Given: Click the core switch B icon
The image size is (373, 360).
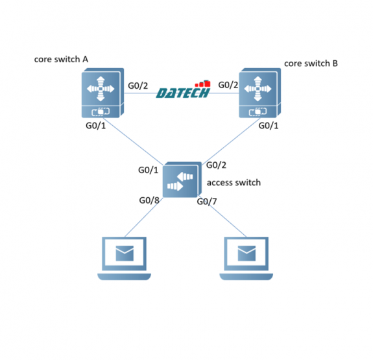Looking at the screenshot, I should point(260,93).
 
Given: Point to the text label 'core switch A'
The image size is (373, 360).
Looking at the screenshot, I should point(61,59).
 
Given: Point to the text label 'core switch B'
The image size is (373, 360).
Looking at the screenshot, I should point(311,64).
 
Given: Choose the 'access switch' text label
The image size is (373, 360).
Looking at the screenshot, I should point(234,182).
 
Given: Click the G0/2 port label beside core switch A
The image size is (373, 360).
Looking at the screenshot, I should point(138,85).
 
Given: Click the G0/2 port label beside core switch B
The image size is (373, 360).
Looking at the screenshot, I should point(228,84).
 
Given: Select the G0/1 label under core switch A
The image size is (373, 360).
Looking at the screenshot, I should point(95,125).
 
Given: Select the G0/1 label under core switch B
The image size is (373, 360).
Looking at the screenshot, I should point(269,125).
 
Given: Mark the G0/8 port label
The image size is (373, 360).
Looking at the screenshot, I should point(149,200).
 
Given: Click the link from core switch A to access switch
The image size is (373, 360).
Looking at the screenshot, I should point(133,145).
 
